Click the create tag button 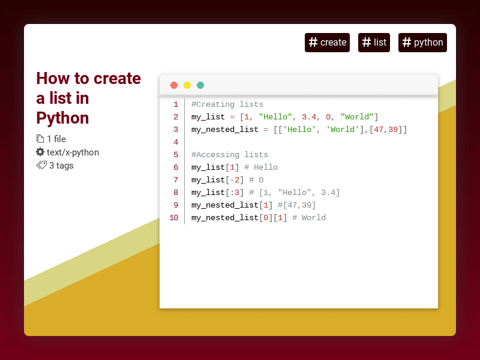pyautogui.click(x=327, y=43)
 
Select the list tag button pyautogui.click(x=374, y=43)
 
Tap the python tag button pyautogui.click(x=422, y=43)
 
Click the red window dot pyautogui.click(x=174, y=85)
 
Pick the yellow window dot pyautogui.click(x=187, y=85)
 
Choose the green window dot pyautogui.click(x=200, y=85)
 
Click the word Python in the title pyautogui.click(x=62, y=117)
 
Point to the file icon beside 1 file pyautogui.click(x=40, y=139)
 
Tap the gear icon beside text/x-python pyautogui.click(x=40, y=152)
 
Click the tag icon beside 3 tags pyautogui.click(x=41, y=166)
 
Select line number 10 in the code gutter pyautogui.click(x=173, y=218)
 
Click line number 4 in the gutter pyautogui.click(x=176, y=142)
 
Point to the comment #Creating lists pyautogui.click(x=227, y=104)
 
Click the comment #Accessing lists pyautogui.click(x=230, y=155)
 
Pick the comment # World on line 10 pyautogui.click(x=309, y=218)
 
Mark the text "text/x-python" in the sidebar pyautogui.click(x=73, y=152)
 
